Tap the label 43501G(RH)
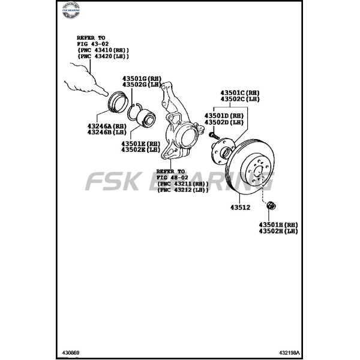(x=142, y=79)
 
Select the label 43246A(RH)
(x=106, y=125)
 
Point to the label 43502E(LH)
(x=140, y=150)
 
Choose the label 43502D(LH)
(x=224, y=122)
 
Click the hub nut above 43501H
(x=270, y=206)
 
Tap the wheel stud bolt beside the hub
(x=213, y=134)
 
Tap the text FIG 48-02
(x=171, y=178)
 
